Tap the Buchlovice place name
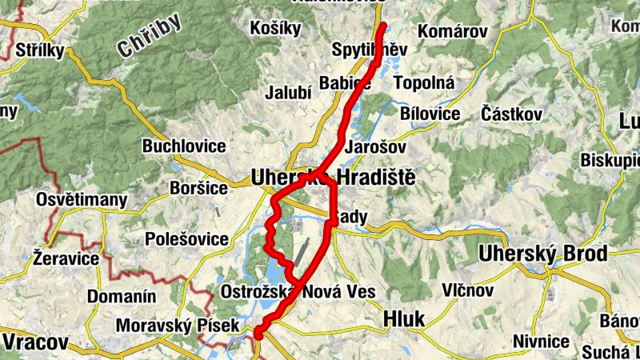coord(184,146)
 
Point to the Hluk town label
coord(404,318)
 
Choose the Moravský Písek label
coord(166,326)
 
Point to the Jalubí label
coord(288,93)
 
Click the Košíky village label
coord(275,29)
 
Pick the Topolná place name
coord(425,82)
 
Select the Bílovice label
coord(431,114)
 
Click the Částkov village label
coord(510,114)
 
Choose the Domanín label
coord(121,297)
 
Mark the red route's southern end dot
coord(258,335)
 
